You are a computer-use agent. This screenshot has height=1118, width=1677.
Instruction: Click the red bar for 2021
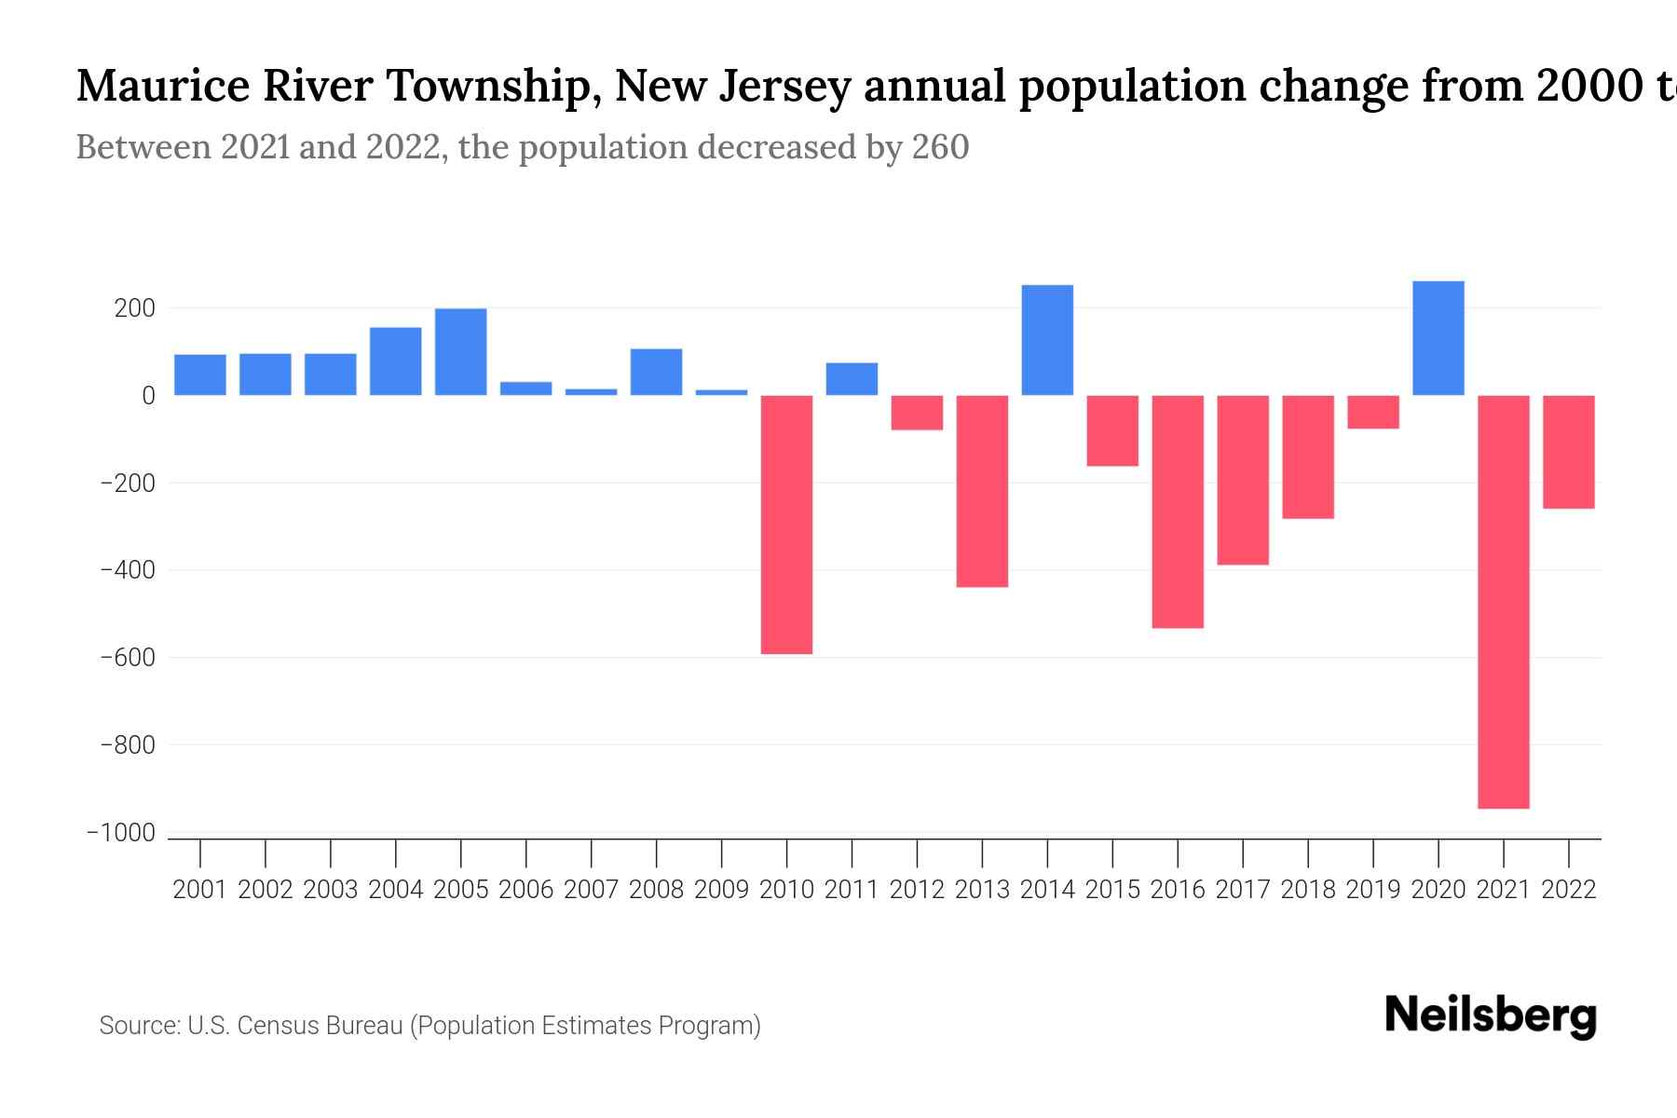point(1504,601)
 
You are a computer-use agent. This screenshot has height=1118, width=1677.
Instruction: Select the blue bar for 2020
point(1438,338)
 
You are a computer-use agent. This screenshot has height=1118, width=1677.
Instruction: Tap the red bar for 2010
point(786,525)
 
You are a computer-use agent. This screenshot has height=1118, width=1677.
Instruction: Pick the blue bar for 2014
point(1047,340)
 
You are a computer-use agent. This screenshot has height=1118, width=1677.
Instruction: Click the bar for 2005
point(461,352)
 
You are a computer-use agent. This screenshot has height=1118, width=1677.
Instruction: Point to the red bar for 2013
point(982,491)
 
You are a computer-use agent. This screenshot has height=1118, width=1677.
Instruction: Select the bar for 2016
point(1178,511)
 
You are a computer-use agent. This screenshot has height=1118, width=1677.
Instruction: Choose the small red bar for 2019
point(1373,412)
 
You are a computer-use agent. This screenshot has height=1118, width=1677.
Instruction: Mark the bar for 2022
point(1569,452)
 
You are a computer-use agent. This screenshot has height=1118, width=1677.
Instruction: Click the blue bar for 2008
point(657,372)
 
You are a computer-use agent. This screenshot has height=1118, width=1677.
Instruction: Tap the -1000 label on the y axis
point(121,833)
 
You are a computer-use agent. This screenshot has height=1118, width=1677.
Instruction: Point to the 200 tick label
point(134,308)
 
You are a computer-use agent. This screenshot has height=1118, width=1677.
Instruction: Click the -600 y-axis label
point(128,658)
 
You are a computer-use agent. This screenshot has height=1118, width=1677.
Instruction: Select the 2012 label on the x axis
point(917,890)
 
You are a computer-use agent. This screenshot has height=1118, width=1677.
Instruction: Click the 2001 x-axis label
point(200,890)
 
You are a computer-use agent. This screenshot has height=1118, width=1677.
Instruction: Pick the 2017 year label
point(1243,890)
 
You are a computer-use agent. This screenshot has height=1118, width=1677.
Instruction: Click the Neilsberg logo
point(1491,1016)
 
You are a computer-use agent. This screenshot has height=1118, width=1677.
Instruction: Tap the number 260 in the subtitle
point(940,147)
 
